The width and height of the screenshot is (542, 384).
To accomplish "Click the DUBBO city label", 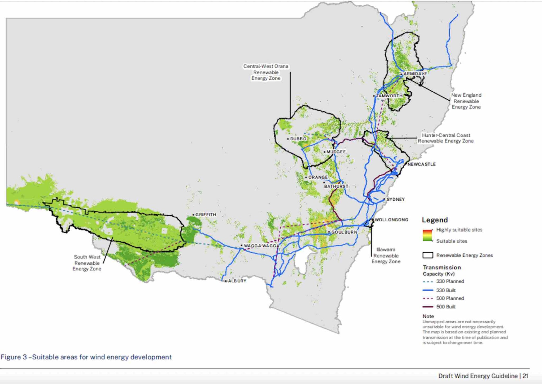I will tap(298, 139).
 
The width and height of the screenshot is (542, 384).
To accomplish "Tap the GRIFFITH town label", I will tap(206, 215).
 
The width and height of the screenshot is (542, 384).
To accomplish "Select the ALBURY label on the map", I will tap(237, 281).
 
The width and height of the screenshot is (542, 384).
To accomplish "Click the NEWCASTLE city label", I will tap(422, 164).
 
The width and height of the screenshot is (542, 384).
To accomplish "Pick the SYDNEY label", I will tap(396, 199).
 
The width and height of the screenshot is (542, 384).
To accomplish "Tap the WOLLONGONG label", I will tap(391, 220).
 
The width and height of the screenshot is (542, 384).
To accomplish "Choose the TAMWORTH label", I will tap(389, 96).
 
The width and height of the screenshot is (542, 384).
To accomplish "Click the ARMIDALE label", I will tap(415, 74).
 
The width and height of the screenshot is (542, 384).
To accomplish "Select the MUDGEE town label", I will tap(336, 152).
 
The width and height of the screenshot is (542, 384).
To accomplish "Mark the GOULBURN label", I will tap(344, 232).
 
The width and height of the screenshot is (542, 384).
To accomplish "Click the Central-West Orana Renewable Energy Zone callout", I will tap(266, 72).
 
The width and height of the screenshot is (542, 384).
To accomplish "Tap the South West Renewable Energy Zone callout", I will tap(87, 263).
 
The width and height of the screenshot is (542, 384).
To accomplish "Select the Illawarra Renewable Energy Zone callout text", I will tap(386, 256).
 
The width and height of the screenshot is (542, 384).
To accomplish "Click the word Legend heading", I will tap(435, 220).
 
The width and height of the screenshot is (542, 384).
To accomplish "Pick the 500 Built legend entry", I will tap(446, 307).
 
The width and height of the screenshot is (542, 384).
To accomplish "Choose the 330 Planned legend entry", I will tap(450, 281).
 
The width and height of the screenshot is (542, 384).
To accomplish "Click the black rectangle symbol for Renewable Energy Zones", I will tap(428, 255).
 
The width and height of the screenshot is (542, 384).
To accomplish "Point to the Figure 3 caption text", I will tap(86, 357).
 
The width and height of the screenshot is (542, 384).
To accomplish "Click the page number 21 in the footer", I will tap(525, 376).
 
